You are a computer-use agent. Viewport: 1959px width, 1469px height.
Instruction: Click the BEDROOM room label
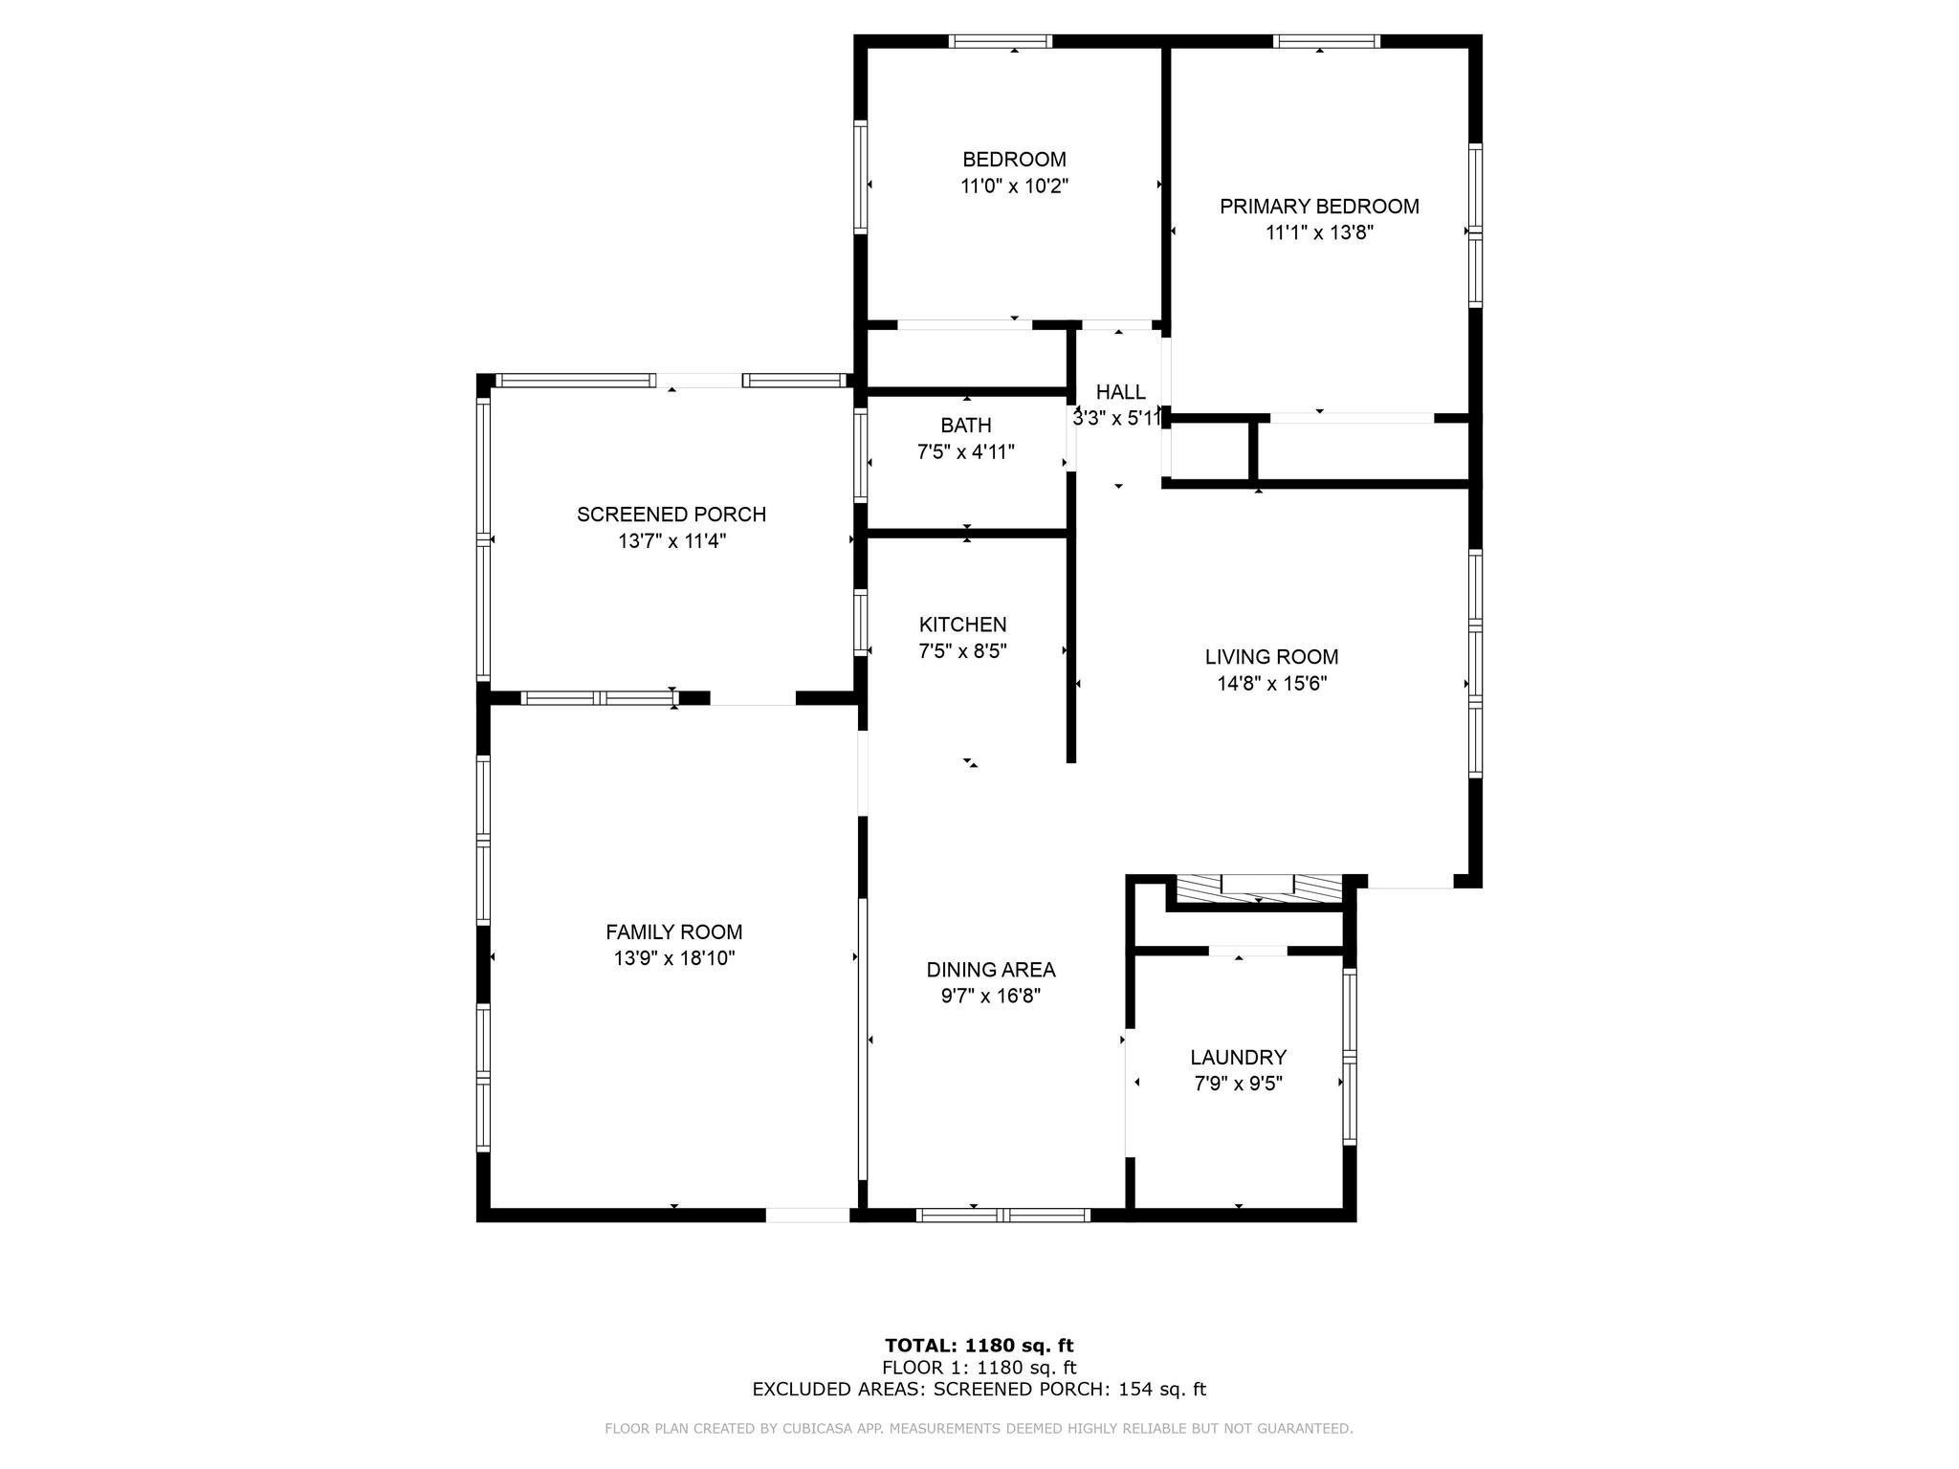[1014, 159]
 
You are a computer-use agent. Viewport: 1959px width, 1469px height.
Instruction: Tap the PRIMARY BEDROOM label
[1319, 206]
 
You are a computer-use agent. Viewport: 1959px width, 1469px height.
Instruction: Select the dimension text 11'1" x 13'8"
[1319, 232]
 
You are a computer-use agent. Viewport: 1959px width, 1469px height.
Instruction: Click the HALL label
[1120, 391]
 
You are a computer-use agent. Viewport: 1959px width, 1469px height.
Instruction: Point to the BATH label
[966, 425]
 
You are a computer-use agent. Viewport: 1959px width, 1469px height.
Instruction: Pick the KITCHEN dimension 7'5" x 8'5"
[962, 651]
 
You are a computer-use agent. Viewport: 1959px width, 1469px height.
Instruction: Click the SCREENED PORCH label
[671, 515]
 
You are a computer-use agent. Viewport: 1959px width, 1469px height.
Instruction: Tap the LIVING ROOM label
[1271, 657]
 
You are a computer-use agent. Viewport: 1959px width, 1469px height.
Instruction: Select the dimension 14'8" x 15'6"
[1271, 684]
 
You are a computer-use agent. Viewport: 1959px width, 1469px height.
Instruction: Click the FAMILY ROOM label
[674, 932]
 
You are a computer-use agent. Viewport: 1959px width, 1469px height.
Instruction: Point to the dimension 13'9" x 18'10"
[674, 958]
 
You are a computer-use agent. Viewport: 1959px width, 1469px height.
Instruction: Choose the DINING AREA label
[991, 970]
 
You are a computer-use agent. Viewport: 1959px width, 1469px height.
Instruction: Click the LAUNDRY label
[1239, 1057]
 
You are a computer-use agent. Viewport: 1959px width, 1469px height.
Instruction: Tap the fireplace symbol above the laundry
[1257, 888]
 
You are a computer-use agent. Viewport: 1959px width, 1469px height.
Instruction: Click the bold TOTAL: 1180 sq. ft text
[979, 1346]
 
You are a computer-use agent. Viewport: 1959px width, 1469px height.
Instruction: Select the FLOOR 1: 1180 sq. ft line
[979, 1368]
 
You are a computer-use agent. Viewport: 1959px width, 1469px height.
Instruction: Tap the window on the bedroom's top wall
[1001, 41]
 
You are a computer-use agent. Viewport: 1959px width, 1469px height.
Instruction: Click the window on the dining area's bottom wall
[1003, 1215]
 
